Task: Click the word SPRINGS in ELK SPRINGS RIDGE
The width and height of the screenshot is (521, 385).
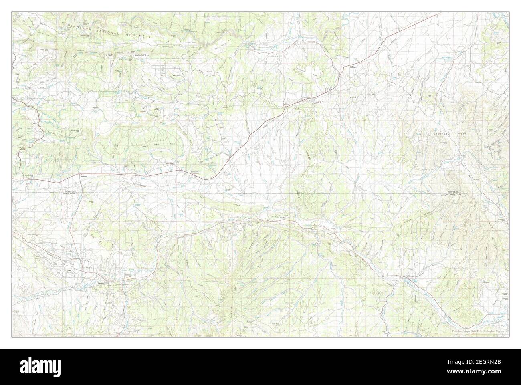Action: point(316,105)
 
